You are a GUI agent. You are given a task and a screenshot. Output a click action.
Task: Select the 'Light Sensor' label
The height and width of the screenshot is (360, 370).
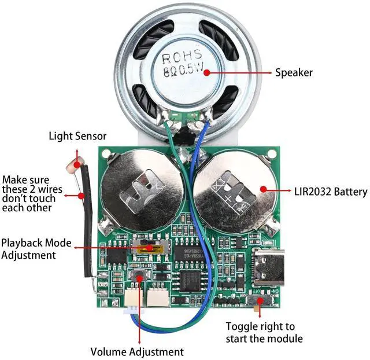click(77, 137)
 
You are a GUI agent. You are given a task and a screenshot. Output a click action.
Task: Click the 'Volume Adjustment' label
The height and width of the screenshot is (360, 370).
click(137, 351)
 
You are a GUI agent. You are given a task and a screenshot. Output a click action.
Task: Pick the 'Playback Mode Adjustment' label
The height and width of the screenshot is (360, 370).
click(36, 249)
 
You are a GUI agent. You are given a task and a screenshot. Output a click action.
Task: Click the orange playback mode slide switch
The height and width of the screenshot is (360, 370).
click(149, 248)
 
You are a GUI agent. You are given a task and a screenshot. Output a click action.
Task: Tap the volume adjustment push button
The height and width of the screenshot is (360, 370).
click(139, 276)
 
